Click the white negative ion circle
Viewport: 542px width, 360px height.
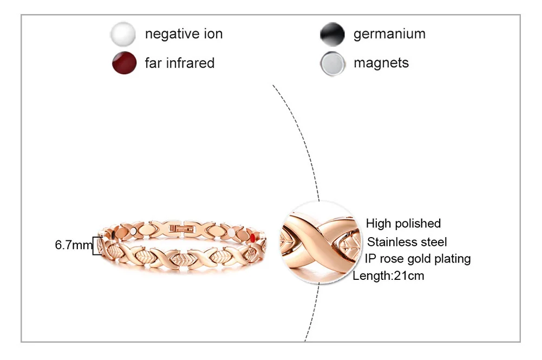pyautogui.click(x=123, y=35)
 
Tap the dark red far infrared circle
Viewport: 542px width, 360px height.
pyautogui.click(x=123, y=63)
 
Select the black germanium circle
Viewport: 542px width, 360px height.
pyautogui.click(x=332, y=35)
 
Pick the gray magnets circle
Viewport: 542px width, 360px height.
pyautogui.click(x=332, y=63)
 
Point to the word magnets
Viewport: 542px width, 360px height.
pyautogui.click(x=381, y=63)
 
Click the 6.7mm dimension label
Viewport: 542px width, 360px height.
pyautogui.click(x=74, y=245)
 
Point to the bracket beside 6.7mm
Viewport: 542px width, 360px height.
pyautogui.click(x=97, y=246)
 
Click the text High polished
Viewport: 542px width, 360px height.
pyautogui.click(x=403, y=223)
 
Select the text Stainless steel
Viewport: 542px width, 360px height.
pyautogui.click(x=407, y=241)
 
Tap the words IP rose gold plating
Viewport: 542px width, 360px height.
pyautogui.click(x=417, y=259)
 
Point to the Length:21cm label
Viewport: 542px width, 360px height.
pyautogui.click(x=388, y=276)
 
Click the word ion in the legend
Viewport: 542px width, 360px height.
pyautogui.click(x=213, y=34)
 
